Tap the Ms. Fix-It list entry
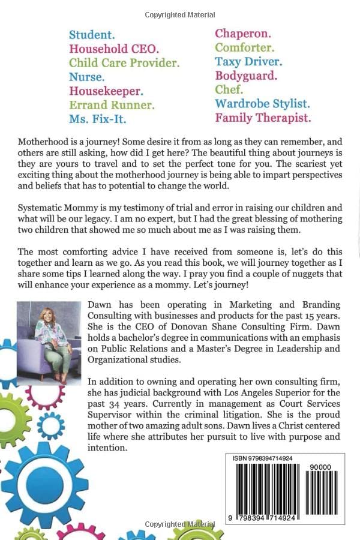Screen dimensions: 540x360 pyautogui.click(x=97, y=119)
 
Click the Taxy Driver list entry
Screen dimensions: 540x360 pyautogui.click(x=248, y=61)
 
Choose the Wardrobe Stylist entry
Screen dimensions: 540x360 pyautogui.click(x=262, y=104)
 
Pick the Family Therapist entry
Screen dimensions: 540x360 pyautogui.click(x=263, y=118)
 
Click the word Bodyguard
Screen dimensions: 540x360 pyautogui.click(x=246, y=76)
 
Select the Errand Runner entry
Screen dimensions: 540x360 pyautogui.click(x=112, y=105)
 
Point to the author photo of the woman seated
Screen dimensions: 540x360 pyautogui.click(x=49, y=343)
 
